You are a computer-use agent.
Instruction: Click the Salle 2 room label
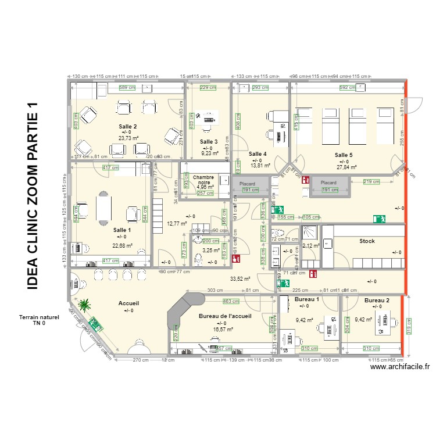coord(128,127)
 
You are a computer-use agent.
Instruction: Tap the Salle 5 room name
coord(344,155)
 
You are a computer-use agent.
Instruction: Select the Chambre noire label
coord(203,180)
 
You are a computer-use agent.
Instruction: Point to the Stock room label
coord(367,241)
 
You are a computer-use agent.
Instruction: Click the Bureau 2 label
coord(377,301)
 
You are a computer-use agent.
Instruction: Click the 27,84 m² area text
coord(347,167)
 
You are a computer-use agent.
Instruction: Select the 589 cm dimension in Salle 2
coord(127,88)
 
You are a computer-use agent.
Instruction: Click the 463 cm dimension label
coord(231,301)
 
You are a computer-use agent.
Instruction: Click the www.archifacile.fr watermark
coord(400,366)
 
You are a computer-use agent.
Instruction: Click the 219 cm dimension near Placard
coord(371,182)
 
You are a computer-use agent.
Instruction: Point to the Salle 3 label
coord(209,142)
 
